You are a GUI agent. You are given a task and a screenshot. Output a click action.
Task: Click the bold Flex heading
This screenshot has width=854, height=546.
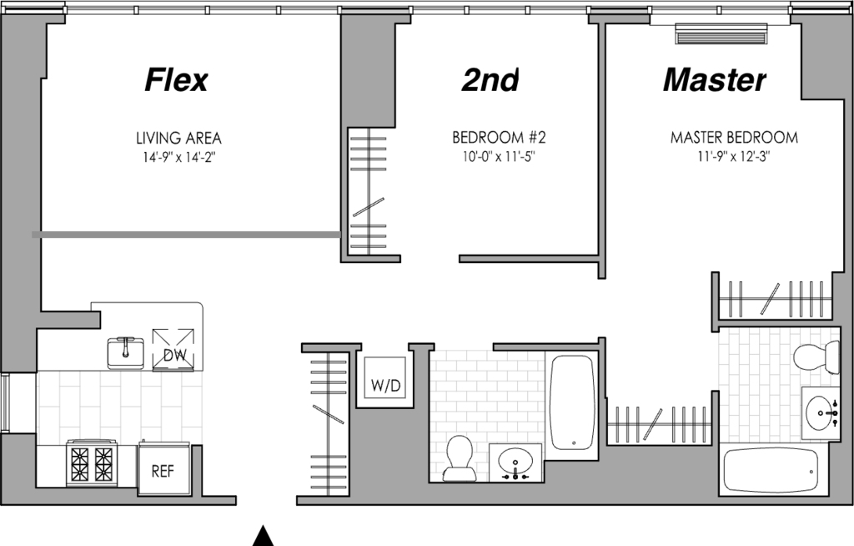click(x=176, y=79)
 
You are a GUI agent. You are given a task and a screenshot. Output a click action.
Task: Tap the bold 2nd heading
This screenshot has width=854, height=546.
click(x=490, y=79)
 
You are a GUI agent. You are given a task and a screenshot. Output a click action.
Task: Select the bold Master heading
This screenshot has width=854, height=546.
click(x=715, y=79)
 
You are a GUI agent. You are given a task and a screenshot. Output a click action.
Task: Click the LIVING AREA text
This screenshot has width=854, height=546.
click(x=178, y=138)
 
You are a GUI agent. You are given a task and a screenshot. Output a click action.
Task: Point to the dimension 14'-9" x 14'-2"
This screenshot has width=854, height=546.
click(x=179, y=158)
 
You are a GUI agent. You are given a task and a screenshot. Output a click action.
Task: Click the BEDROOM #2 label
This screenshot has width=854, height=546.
click(x=499, y=137)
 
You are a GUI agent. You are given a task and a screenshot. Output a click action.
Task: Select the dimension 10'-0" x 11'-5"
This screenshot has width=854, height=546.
click(x=499, y=157)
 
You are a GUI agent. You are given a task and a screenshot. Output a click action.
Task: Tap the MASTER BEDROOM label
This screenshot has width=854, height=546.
click(x=734, y=137)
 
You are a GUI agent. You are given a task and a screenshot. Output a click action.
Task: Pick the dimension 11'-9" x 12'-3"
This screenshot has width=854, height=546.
click(x=734, y=157)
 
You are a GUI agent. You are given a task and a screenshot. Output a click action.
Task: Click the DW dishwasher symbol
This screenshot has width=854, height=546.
click(x=173, y=349)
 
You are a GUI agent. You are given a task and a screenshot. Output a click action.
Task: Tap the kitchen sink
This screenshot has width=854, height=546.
click(x=126, y=353)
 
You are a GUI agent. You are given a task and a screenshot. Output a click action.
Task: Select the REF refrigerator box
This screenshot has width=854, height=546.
click(x=163, y=470)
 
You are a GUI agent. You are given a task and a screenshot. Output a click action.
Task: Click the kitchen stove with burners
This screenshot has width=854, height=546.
click(x=91, y=463)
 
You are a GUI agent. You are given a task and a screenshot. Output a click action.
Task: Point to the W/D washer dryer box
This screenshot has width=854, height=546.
click(x=385, y=377)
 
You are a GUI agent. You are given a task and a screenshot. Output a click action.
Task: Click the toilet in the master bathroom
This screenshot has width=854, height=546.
click(x=816, y=356)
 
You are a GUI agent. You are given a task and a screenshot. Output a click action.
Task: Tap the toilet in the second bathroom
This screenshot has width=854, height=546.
click(x=459, y=458)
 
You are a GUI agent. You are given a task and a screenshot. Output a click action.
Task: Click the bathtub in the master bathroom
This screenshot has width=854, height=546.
click(x=771, y=471)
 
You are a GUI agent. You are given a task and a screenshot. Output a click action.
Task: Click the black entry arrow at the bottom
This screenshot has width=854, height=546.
click(x=264, y=536)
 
